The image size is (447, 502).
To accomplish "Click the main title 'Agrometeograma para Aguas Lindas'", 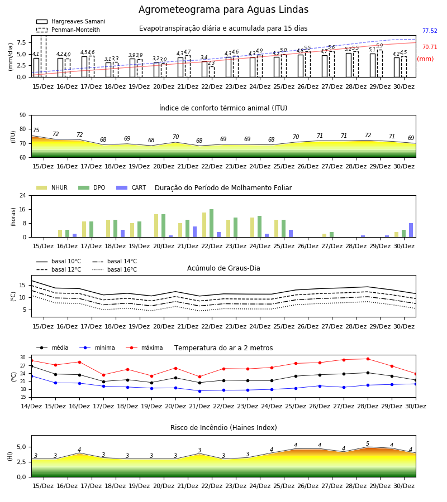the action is pyautogui.click(x=223, y=9).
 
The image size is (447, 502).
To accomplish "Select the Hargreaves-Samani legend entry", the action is pyautogui.click(x=70, y=21).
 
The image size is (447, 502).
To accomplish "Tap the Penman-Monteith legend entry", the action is pyautogui.click(x=68, y=30).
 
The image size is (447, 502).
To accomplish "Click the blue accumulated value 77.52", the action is pyautogui.click(x=430, y=31).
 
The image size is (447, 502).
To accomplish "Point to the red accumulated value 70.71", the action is pyautogui.click(x=430, y=47).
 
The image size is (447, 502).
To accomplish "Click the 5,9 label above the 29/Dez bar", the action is pyautogui.click(x=379, y=46).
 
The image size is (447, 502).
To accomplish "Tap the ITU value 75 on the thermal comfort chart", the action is pyautogui.click(x=36, y=130).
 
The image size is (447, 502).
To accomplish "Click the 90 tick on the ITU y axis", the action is pyautogui.click(x=22, y=115).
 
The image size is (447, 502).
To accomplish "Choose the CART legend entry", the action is pyautogui.click(x=131, y=187).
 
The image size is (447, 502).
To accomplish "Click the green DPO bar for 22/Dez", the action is pyautogui.click(x=212, y=223).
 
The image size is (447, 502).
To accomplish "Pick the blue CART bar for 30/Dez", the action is pyautogui.click(x=411, y=230).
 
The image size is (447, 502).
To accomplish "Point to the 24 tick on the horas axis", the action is pyautogui.click(x=22, y=195).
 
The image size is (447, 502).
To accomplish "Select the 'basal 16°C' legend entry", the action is pyautogui.click(x=115, y=269).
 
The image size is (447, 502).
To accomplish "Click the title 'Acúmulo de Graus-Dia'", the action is pyautogui.click(x=223, y=268).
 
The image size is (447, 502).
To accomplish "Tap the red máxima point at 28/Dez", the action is pyautogui.click(x=368, y=359).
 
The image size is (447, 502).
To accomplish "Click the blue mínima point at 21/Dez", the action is pyautogui.click(x=199, y=391).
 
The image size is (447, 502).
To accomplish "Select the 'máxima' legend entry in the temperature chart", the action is pyautogui.click(x=144, y=347).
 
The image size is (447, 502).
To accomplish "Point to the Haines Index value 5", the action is pyautogui.click(x=368, y=444).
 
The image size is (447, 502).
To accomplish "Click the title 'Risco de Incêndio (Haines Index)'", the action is pyautogui.click(x=223, y=428).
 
